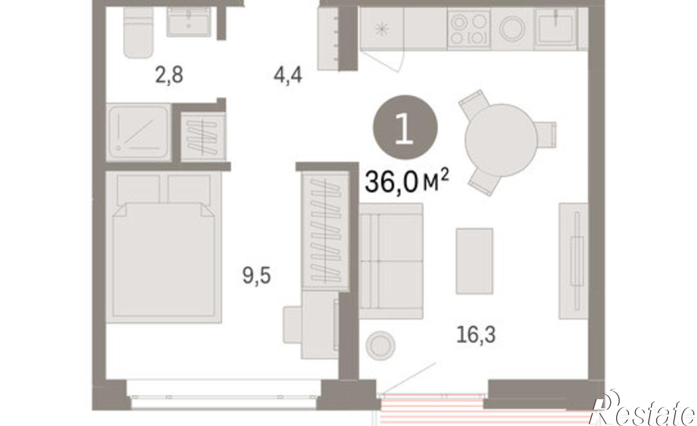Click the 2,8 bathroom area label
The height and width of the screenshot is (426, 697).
pyautogui.click(x=169, y=76)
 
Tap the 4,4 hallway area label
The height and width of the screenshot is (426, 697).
pyautogui.click(x=288, y=76)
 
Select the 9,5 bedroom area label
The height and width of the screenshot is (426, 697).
pyautogui.click(x=256, y=277)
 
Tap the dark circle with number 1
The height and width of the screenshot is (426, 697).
pyautogui.click(x=405, y=127)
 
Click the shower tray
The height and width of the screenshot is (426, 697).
pyautogui.click(x=138, y=132)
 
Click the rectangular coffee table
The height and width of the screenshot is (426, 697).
pyautogui.click(x=474, y=261)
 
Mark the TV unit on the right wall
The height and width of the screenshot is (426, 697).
pyautogui.click(x=573, y=261)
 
